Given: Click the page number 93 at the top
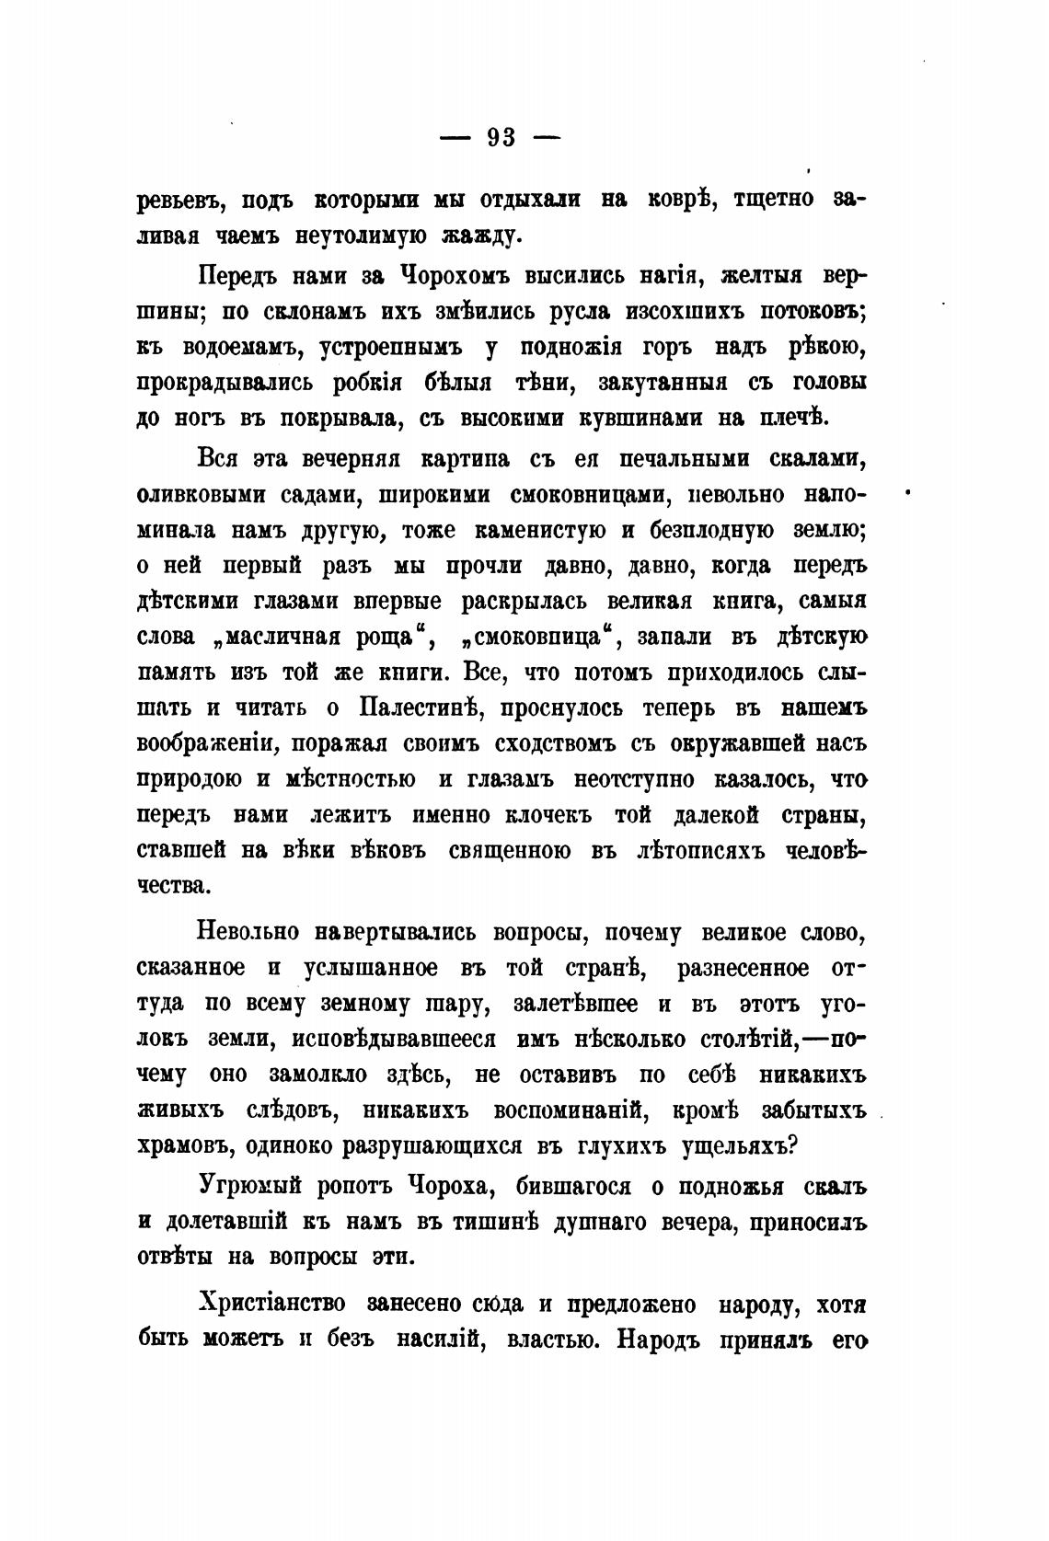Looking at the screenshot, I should (501, 137).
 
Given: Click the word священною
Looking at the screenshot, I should (512, 851).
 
